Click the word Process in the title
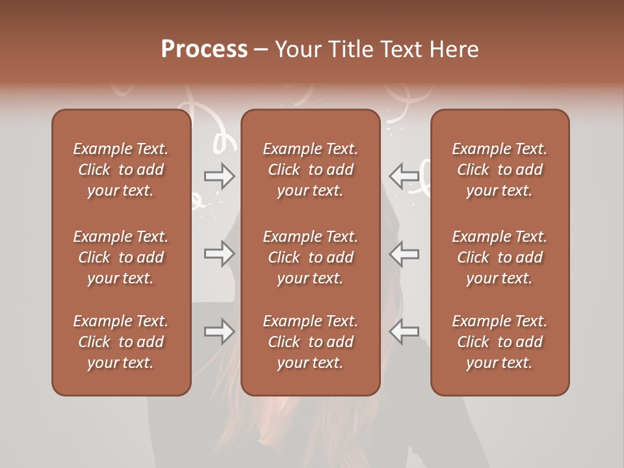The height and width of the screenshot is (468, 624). [204, 49]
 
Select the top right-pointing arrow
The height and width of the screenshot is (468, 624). [220, 176]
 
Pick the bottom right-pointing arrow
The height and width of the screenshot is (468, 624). [220, 332]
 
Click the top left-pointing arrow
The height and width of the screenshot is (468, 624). [404, 176]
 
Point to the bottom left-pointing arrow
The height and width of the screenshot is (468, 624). [404, 332]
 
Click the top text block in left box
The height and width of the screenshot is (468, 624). [121, 170]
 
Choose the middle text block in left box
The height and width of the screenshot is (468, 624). [121, 257]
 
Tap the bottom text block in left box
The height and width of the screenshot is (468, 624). [121, 342]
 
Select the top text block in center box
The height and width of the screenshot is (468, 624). [311, 170]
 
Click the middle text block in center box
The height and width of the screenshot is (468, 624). [311, 257]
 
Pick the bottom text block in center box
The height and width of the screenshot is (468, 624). [311, 342]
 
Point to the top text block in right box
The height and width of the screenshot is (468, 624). [500, 170]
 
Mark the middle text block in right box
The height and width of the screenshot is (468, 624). [500, 257]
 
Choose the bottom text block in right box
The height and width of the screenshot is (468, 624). [500, 342]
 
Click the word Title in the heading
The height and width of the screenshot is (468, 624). [354, 49]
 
